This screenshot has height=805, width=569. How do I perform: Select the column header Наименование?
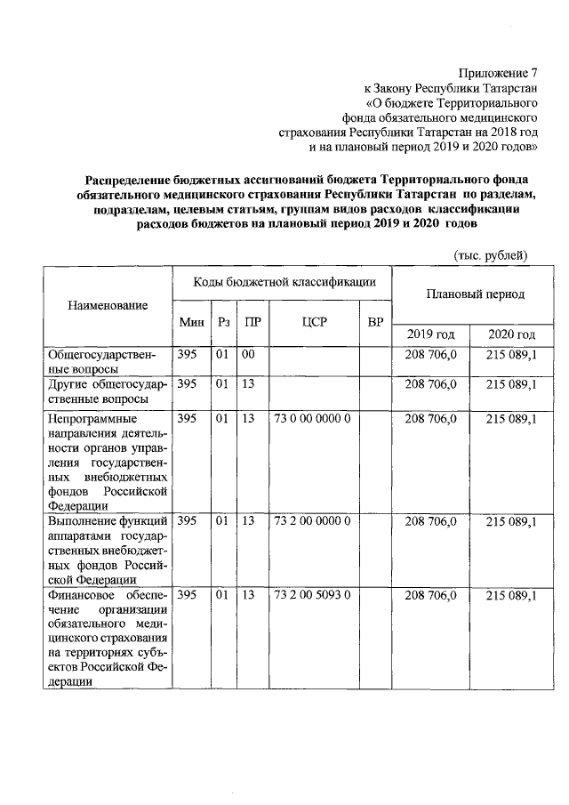108,306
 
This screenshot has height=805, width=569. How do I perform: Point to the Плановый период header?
475,294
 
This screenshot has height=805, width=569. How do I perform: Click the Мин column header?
191,322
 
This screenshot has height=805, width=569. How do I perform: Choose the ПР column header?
252,322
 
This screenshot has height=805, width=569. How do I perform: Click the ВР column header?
374,322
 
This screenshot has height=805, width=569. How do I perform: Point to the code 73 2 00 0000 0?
312,521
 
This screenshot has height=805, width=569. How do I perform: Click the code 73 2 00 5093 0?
312,594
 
